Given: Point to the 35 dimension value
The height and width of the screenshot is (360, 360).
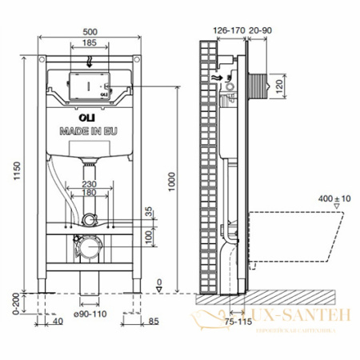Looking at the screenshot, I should coord(149,213).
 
